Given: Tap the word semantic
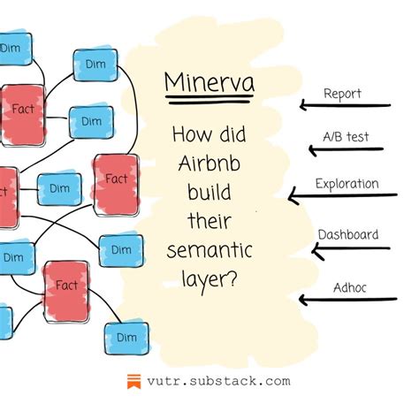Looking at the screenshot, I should coord(209,251).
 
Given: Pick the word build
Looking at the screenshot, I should coord(209,193).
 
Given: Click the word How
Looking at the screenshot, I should coord(192,138).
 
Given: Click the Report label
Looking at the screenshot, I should coord(342,93).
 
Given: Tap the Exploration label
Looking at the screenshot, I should coord(347,184).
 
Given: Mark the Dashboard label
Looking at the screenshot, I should coord(348,234).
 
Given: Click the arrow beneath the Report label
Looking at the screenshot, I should coord(344,106).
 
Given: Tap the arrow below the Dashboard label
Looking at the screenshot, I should coord(349,249).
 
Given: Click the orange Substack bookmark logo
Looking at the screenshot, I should coord(133,383).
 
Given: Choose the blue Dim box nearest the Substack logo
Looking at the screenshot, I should coord(126,337).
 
